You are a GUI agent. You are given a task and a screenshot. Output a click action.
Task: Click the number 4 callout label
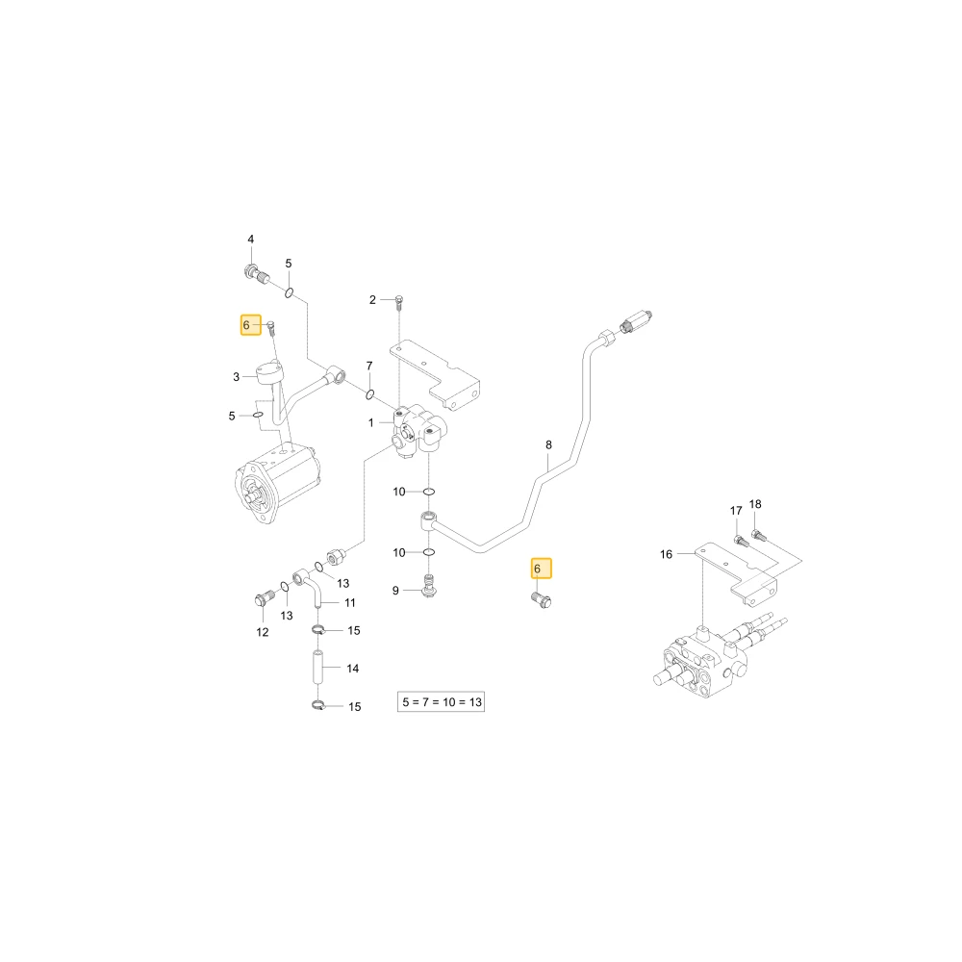click(250, 240)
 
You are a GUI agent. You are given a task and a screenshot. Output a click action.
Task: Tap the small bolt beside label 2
click(399, 300)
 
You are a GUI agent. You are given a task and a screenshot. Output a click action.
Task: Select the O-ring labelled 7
click(370, 393)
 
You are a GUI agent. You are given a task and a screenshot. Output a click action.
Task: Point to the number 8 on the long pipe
click(548, 444)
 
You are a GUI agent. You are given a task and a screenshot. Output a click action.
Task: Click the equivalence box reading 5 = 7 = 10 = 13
click(442, 702)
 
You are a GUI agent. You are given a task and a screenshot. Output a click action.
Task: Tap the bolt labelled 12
click(263, 599)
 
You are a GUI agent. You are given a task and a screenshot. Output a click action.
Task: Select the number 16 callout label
click(667, 555)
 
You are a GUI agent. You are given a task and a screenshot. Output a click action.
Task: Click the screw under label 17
click(741, 541)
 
